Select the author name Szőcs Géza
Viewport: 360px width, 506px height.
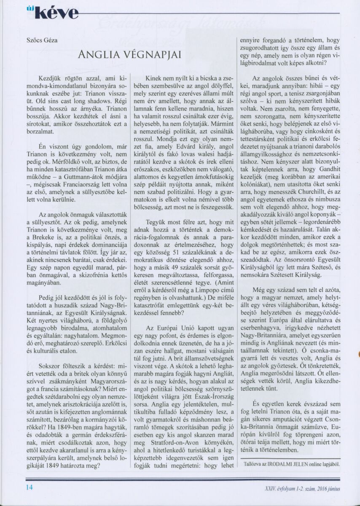43,41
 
